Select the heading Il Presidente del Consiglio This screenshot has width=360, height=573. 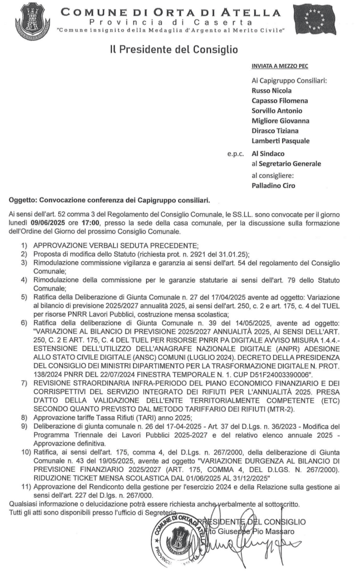(174, 50)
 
